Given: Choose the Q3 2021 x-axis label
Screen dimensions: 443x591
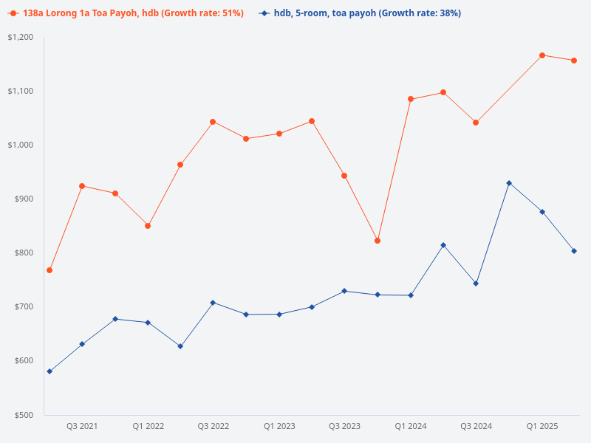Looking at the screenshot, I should point(82,426).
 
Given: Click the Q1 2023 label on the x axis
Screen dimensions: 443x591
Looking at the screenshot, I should point(279,426).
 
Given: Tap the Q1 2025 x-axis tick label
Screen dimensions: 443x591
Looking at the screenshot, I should point(542,426).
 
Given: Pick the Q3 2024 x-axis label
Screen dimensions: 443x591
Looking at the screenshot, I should point(476,426).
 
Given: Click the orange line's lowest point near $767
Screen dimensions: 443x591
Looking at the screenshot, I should point(49,270).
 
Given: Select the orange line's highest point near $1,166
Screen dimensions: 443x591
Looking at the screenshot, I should point(542,55).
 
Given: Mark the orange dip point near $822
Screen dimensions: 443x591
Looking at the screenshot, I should point(378,241).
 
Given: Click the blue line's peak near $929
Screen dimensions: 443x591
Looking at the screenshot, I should point(509,183).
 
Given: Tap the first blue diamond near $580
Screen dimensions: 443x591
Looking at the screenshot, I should point(49,371).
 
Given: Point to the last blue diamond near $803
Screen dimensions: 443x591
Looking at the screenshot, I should point(574,251).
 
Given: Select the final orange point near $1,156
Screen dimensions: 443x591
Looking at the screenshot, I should point(574,61).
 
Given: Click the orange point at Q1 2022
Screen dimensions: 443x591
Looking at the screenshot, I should point(148,226).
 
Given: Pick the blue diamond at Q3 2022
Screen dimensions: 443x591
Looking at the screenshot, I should point(213,303).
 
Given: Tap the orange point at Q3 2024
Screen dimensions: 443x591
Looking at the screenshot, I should point(476,123).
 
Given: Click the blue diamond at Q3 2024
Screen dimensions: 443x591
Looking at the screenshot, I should point(476,284).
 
